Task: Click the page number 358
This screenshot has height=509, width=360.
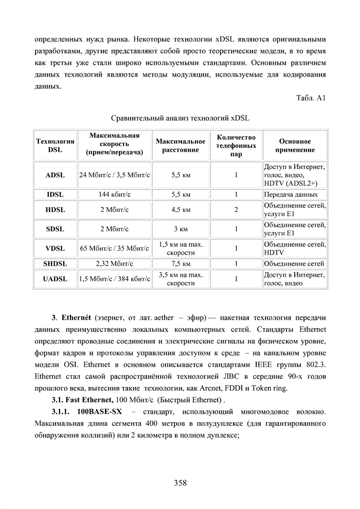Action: click(x=180, y=483)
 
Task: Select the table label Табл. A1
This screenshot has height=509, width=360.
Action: click(x=312, y=98)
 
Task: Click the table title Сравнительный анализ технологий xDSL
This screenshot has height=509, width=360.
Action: click(x=180, y=117)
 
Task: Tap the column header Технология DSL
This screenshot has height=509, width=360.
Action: click(x=55, y=146)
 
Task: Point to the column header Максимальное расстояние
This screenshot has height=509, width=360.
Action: click(x=180, y=146)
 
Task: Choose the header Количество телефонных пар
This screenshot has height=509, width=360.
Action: click(x=236, y=146)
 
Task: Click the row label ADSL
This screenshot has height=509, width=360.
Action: click(x=55, y=175)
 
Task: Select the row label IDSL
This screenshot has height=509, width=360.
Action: click(x=55, y=195)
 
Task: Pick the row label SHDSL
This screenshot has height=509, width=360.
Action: click(x=55, y=264)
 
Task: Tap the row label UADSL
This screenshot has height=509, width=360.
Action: click(x=55, y=279)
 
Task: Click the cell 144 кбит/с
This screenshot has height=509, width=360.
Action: click(x=114, y=195)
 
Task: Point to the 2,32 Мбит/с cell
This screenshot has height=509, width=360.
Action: click(x=114, y=264)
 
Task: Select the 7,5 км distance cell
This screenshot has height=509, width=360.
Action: click(x=181, y=264)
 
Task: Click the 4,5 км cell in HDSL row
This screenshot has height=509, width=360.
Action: click(x=181, y=210)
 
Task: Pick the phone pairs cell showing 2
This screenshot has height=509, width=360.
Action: click(x=236, y=210)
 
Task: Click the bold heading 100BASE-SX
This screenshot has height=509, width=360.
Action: click(x=99, y=412)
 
